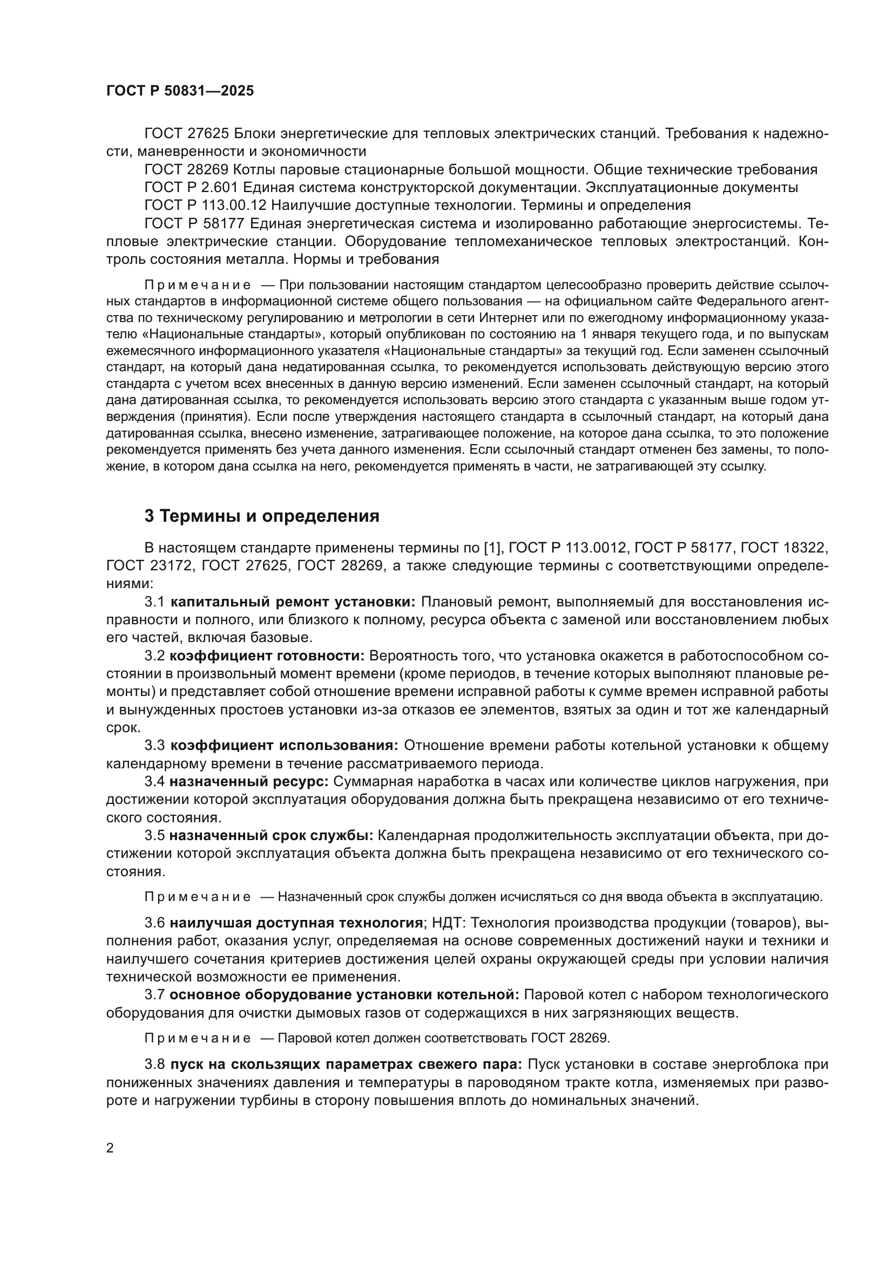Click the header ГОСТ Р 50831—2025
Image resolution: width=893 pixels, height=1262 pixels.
[180, 91]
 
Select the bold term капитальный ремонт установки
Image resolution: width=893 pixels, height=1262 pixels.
[293, 602]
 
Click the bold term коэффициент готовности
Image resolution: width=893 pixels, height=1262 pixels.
[267, 656]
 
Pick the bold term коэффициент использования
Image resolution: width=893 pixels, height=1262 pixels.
[284, 745]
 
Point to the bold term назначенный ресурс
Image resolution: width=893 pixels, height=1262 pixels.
[248, 781]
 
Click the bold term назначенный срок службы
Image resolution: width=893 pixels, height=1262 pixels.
[271, 835]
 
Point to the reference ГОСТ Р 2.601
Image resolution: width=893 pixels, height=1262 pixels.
[191, 187]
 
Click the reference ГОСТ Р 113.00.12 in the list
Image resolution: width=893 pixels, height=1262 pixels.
[205, 206]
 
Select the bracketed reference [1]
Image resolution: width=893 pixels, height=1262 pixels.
[492, 548]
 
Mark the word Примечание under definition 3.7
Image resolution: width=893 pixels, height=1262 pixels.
[198, 1038]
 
